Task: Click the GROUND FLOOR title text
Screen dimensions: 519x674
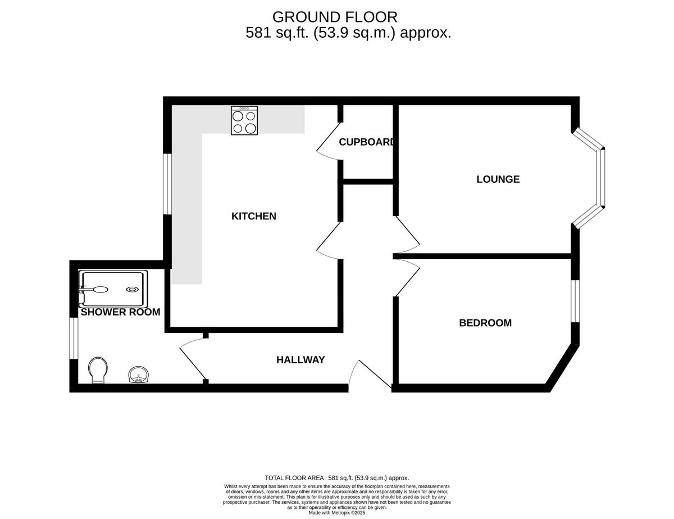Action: tap(335, 17)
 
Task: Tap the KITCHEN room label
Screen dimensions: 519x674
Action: tap(254, 216)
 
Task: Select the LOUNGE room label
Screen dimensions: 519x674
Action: tap(498, 179)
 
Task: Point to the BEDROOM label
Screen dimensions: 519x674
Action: tap(485, 323)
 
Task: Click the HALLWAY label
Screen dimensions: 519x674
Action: tap(300, 360)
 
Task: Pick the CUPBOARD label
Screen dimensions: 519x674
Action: tap(366, 142)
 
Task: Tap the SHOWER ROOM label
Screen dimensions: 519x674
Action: tap(120, 312)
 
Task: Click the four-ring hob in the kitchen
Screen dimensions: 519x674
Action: tap(244, 121)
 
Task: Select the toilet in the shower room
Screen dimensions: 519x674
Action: tap(98, 369)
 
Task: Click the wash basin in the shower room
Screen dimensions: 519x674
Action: tap(138, 374)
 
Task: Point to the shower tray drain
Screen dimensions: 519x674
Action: tap(132, 290)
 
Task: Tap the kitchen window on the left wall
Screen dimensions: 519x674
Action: tap(167, 184)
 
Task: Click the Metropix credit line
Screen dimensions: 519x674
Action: tap(337, 513)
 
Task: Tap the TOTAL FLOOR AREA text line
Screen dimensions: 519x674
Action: tap(337, 477)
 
